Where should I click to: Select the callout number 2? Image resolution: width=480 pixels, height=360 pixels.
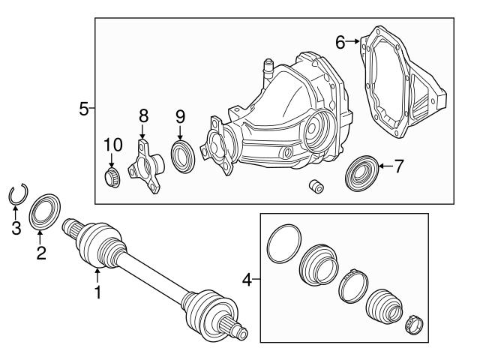pos(40,253)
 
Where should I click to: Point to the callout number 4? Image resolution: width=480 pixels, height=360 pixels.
pos(247,281)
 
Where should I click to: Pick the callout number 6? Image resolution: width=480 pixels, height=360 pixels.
pos(340,43)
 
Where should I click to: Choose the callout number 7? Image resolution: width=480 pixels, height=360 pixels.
pos(398,166)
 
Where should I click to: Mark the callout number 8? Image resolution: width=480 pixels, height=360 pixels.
pos(142,115)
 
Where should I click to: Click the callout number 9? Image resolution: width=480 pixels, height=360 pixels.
pos(180,116)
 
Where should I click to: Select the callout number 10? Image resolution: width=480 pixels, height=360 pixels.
pos(112,143)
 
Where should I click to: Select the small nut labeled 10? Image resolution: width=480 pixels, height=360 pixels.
pos(112,177)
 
